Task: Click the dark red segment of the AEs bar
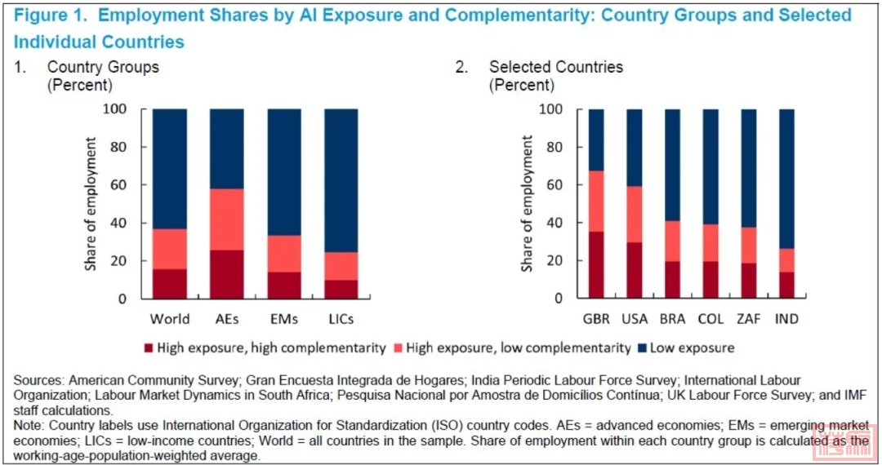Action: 227,274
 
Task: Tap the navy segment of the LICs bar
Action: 341,180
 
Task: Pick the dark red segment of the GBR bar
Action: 596,265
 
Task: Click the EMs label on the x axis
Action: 284,319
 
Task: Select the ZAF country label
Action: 748,319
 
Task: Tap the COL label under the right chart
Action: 710,319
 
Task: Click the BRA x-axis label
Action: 672,319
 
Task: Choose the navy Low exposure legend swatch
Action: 642,348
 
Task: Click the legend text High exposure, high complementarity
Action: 272,348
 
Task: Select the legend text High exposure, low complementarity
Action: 519,348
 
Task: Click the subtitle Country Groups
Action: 103,67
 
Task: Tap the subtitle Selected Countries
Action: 556,67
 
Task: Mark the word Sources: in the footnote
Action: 39,380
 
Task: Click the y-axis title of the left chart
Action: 91,204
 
